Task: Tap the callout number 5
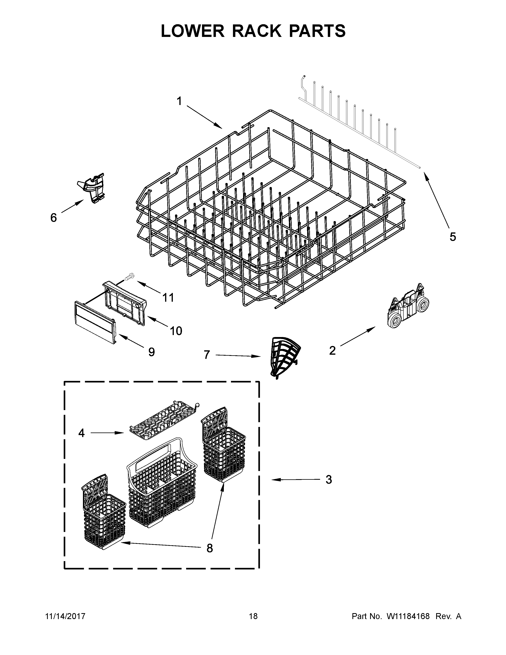point(453,237)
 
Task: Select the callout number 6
point(53,218)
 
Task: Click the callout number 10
point(176,331)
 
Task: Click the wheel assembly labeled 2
point(409,306)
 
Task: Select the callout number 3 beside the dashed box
point(329,480)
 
